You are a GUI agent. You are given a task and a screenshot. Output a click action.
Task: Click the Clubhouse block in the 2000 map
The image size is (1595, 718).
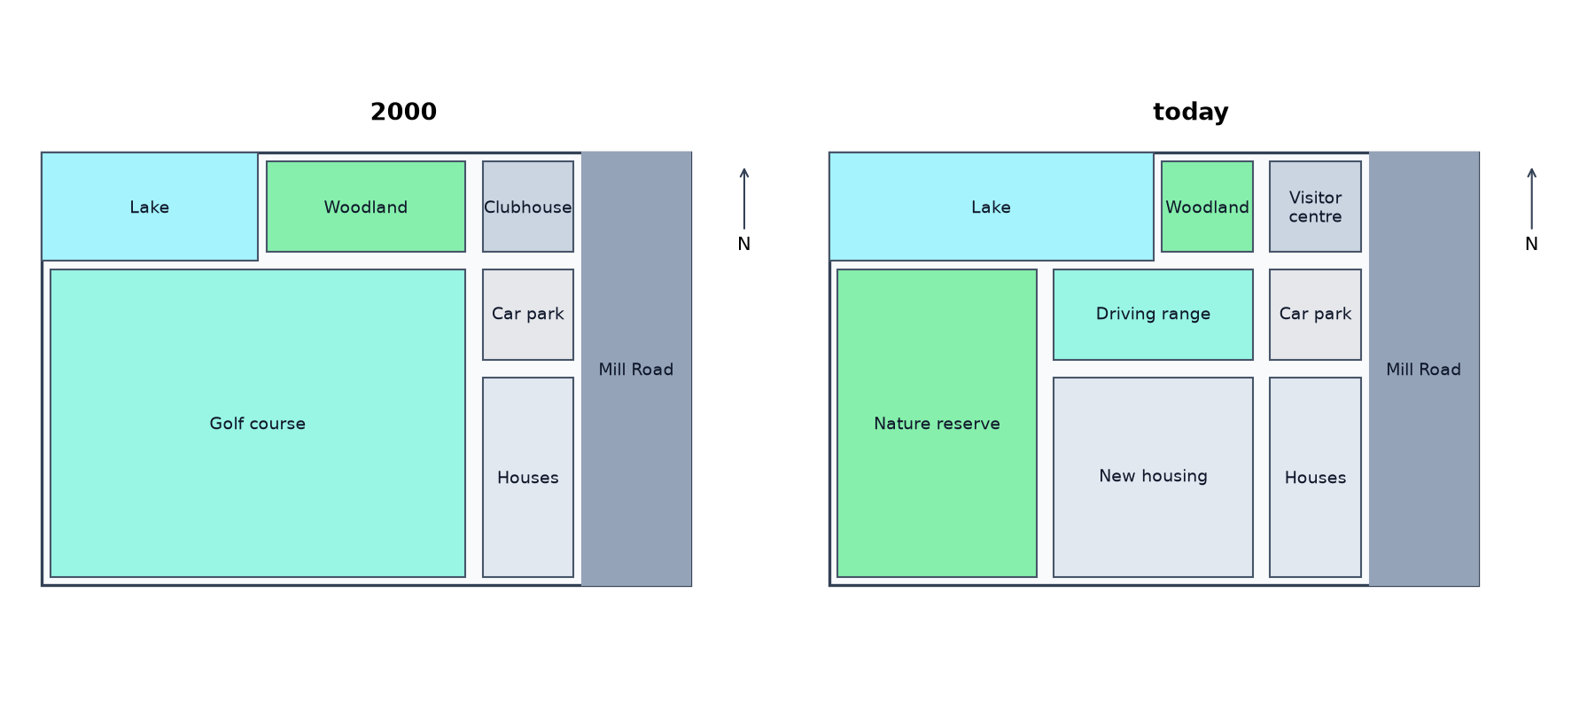[528, 207]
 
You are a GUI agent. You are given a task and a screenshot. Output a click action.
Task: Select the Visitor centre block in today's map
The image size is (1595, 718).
[1315, 207]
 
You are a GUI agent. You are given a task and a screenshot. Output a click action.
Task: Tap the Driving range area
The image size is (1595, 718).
[1153, 315]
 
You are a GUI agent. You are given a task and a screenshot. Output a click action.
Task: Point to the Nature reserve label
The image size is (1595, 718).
[937, 424]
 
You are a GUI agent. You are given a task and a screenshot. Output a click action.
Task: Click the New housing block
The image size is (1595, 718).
[1153, 477]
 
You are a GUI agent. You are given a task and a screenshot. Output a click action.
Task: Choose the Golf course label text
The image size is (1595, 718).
[257, 424]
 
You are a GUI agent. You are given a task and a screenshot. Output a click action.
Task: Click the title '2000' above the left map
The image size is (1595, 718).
[403, 112]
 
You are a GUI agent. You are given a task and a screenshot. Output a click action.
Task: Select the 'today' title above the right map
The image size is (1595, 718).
[1190, 112]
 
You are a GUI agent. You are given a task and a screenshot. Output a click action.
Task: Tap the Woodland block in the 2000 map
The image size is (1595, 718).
[366, 207]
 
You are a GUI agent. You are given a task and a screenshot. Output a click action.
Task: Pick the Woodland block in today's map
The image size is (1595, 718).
[1207, 207]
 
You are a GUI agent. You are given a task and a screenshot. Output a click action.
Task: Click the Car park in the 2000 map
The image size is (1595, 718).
[528, 315]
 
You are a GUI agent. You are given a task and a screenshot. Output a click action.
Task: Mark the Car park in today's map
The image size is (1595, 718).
[1315, 315]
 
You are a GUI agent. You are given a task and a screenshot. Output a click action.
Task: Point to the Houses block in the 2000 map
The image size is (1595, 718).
[528, 477]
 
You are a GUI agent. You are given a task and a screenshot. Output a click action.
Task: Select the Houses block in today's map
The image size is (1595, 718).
[1315, 477]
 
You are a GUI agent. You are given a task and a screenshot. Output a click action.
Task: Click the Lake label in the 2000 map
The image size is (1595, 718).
[149, 207]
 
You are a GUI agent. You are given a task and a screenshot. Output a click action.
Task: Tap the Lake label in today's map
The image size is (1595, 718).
[991, 207]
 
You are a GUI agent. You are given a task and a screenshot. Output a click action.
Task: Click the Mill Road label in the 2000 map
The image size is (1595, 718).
[635, 370]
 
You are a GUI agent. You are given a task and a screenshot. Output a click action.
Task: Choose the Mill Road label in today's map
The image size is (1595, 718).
[1423, 370]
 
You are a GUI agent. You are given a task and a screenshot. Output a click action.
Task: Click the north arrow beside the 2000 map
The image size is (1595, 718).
[744, 199]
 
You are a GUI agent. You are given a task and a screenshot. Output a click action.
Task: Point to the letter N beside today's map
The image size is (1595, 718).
[1531, 244]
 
